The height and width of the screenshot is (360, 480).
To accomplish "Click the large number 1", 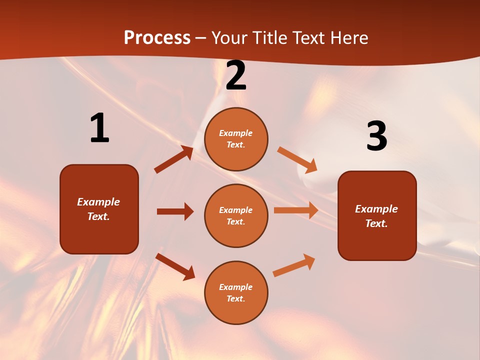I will click(x=99, y=128).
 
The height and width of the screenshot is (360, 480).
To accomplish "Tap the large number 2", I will click(x=236, y=76).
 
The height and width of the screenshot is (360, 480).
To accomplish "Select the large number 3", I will click(x=376, y=136).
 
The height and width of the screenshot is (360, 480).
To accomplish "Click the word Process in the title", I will click(x=157, y=37).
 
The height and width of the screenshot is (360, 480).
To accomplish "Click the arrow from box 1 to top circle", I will click(x=174, y=159).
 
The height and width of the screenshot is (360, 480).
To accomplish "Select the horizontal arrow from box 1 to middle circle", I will click(x=175, y=211).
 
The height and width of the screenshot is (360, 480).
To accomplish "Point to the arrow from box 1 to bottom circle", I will click(x=175, y=266).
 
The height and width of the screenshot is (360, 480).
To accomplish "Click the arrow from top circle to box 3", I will click(x=297, y=159).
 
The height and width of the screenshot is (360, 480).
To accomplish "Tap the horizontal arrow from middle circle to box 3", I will click(x=296, y=210).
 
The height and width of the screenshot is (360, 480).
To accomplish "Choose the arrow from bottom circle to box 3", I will click(x=294, y=265).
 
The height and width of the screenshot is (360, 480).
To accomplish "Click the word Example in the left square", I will click(x=98, y=202).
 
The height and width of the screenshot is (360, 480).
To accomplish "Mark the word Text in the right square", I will click(x=375, y=223).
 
